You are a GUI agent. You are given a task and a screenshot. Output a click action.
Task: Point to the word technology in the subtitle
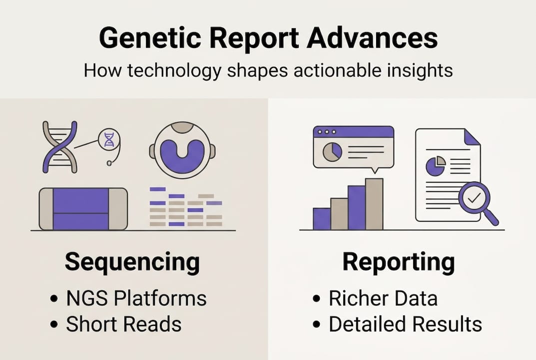coord(174,71)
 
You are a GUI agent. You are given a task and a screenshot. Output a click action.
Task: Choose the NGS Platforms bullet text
coord(136,298)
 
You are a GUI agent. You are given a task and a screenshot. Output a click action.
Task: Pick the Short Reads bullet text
coord(124,324)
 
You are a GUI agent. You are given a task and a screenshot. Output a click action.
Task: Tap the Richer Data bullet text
coord(383,298)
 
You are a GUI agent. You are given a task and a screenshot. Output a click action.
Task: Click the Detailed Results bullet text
coord(406,324)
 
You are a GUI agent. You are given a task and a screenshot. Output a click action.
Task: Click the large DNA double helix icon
coord(60,147)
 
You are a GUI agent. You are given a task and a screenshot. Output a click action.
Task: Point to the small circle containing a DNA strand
coord(109,140)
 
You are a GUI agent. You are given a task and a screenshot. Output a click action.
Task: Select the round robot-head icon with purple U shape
coord(182,150)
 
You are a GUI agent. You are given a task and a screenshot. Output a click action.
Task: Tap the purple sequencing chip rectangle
coord(81,208)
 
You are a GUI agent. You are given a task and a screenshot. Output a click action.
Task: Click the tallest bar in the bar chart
coord(374,204)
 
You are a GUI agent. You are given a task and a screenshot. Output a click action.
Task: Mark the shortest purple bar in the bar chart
coord(322,218)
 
